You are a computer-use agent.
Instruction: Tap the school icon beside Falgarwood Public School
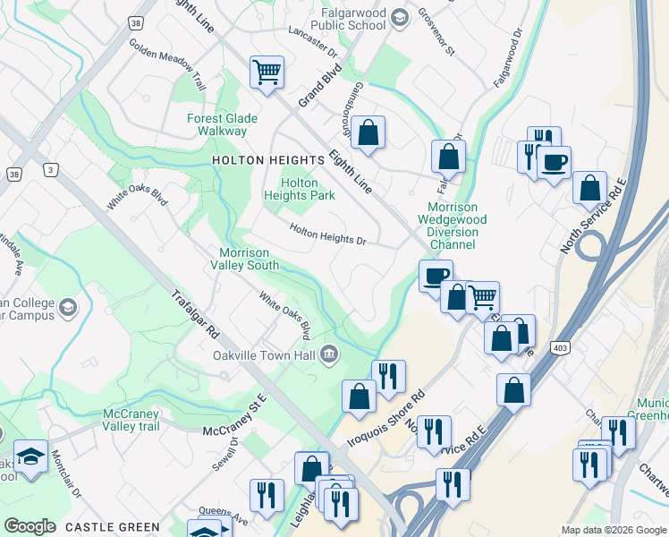399,17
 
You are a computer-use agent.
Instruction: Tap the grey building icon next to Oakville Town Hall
329,355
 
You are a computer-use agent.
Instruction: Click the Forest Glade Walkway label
222,124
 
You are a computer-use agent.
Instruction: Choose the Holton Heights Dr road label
328,234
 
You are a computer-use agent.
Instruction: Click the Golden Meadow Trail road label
167,64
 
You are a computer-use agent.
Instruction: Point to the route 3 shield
51,170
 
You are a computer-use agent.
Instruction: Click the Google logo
30,525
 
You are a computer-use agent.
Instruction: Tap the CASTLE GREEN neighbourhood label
113,527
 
